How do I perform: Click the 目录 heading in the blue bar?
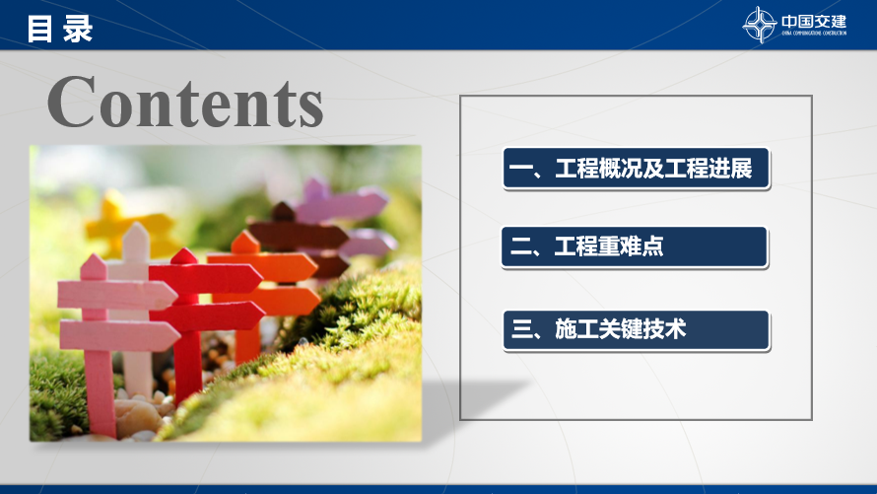tap(60, 29)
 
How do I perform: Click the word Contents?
tap(185, 102)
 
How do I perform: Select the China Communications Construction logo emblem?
tap(759, 25)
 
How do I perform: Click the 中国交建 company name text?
tap(814, 22)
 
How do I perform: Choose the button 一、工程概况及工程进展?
tap(636, 168)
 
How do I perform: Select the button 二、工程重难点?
tap(635, 247)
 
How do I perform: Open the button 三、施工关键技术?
tap(636, 330)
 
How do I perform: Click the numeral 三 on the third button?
tap(520, 330)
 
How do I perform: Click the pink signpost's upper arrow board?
tap(117, 294)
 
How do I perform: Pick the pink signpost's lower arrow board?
tap(119, 335)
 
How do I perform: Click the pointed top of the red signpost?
tap(184, 256)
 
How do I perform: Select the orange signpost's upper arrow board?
tap(262, 267)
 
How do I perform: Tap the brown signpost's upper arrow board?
tap(298, 235)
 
